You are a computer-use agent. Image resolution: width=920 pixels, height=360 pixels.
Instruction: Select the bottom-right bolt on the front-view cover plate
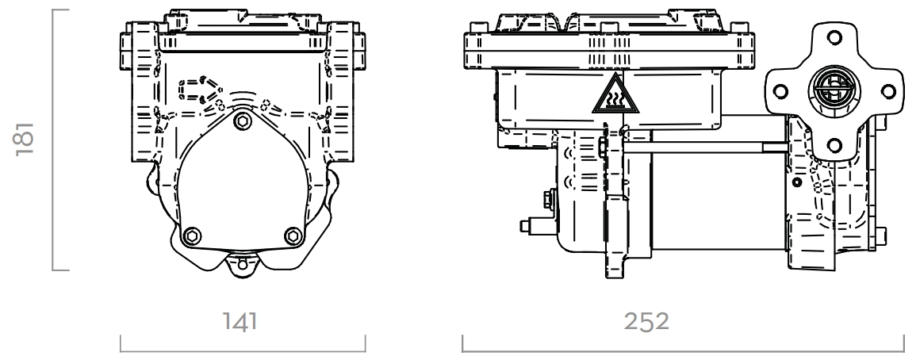293,236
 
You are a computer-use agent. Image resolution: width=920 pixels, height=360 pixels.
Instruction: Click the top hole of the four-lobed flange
831,36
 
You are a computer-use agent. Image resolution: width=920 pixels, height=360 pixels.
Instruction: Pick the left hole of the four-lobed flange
780,89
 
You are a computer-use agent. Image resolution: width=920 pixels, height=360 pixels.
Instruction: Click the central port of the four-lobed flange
831,89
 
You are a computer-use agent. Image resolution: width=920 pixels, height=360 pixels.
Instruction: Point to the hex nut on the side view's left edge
548,197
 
